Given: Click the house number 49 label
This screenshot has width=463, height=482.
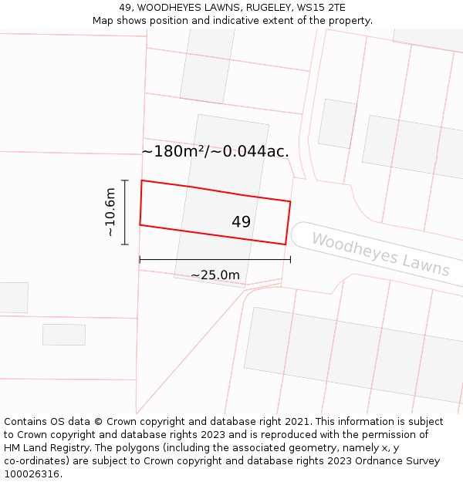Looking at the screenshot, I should tap(241, 222).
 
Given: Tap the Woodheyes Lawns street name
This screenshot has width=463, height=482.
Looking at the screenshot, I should tap(380, 254).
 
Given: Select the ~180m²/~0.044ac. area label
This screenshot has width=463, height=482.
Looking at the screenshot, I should tap(215, 151).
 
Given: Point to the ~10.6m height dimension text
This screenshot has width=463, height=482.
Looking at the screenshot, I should tap(110, 212).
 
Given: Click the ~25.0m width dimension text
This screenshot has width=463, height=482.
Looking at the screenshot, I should tap(215, 275).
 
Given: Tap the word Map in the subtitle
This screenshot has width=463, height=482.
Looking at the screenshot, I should tap(104, 21).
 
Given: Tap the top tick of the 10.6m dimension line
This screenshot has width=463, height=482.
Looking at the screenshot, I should tap(124, 180).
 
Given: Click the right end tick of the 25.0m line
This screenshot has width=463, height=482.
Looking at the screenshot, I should tap(290, 259).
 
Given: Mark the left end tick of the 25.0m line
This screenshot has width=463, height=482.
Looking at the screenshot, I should tap(140, 259).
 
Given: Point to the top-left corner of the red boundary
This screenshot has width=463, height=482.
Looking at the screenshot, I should tap(141, 180).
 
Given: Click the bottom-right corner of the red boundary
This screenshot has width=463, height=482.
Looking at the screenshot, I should tap(286, 244).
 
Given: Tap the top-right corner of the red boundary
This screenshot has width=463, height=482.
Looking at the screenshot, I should tap(290, 201).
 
